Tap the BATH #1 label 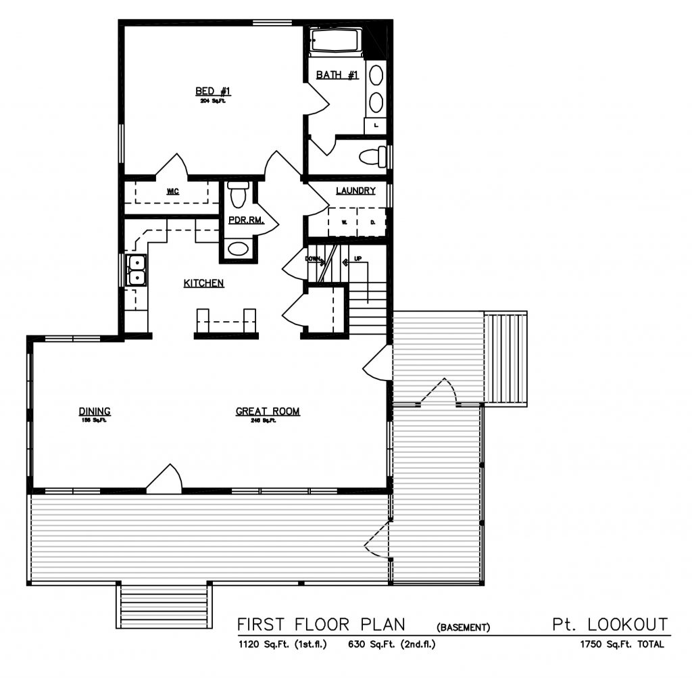pos(337,75)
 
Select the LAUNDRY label pos(355,191)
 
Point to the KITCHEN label pos(203,283)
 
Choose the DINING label pos(95,411)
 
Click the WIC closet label pos(172,191)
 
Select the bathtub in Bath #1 pos(337,42)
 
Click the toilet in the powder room pos(238,195)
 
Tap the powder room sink pos(238,249)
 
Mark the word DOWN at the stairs pos(313,259)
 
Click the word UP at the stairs pos(357,259)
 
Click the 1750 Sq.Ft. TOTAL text pos(621,645)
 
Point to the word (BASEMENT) pos(463,627)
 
